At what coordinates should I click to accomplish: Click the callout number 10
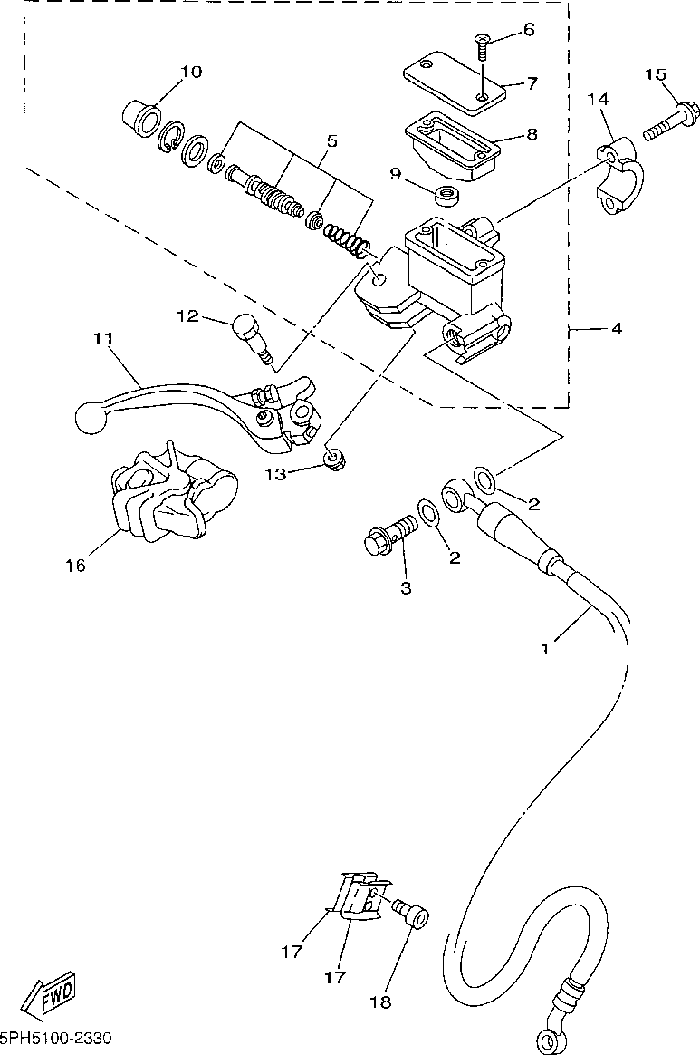coord(192,72)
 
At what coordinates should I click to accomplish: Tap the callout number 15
coord(656,74)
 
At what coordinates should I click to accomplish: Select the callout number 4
coord(617,329)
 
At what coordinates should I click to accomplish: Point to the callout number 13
coord(275,474)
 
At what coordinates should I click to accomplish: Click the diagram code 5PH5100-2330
coord(56,1038)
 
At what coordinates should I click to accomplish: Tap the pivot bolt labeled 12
coord(252,340)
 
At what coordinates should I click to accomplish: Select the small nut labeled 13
coord(332,460)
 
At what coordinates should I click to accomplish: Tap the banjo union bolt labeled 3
coord(389,535)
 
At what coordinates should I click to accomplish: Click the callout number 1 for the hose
coord(545,649)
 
